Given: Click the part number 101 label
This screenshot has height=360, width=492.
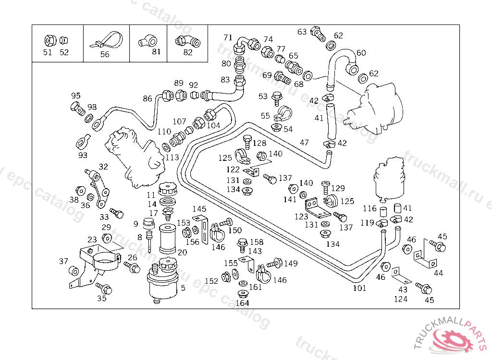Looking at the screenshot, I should pyautogui.click(x=359, y=288).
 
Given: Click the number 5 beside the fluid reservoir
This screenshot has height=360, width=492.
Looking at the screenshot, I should pyautogui.click(x=183, y=288).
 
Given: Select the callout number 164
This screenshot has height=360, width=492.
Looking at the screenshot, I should pyautogui.click(x=242, y=303).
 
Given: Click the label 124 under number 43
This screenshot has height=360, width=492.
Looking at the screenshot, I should pyautogui.click(x=401, y=299).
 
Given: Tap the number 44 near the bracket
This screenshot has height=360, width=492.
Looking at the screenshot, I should pyautogui.click(x=439, y=273).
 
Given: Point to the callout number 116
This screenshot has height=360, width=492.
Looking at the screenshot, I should pyautogui.click(x=369, y=208).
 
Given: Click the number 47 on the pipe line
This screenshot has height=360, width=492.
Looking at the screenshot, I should pyautogui.click(x=304, y=142).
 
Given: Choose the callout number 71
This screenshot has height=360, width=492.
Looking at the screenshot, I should pyautogui.click(x=228, y=37).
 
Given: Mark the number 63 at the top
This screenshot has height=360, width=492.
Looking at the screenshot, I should pyautogui.click(x=302, y=32).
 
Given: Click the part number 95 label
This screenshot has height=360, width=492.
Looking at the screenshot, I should pyautogui.click(x=76, y=96).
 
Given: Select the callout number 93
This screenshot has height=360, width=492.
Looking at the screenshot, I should pyautogui.click(x=83, y=155).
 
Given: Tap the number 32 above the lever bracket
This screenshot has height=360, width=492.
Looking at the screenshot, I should pyautogui.click(x=103, y=167).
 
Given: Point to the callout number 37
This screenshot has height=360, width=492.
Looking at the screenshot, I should pyautogui.click(x=64, y=261).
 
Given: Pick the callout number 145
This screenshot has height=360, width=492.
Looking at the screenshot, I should pyautogui.click(x=199, y=209).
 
